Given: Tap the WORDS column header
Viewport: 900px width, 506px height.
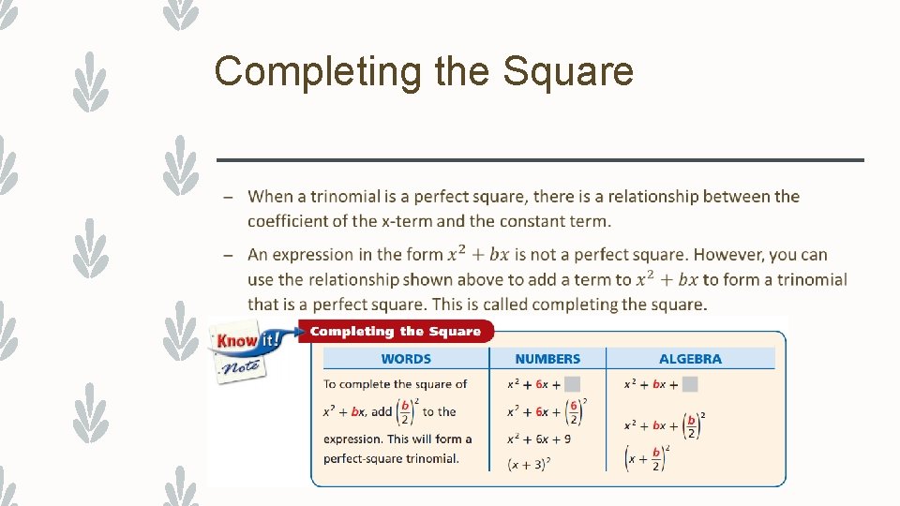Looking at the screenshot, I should click(x=406, y=359).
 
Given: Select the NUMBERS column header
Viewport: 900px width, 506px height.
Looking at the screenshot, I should click(x=547, y=359).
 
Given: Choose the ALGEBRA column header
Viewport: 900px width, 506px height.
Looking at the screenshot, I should click(x=690, y=359).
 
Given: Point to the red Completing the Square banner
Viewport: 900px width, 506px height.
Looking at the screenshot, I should click(x=395, y=331).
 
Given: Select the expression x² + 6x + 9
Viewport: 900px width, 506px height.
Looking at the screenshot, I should click(x=539, y=439).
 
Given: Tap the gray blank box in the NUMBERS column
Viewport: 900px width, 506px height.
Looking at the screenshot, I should click(x=573, y=384).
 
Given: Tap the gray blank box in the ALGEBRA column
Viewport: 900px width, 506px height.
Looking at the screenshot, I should click(x=690, y=384).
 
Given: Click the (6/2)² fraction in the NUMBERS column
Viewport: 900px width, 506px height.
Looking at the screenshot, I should click(x=573, y=411).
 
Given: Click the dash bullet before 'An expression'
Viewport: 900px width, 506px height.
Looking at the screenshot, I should click(x=228, y=255).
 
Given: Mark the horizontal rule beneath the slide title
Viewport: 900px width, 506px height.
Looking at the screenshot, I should click(x=539, y=160).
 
